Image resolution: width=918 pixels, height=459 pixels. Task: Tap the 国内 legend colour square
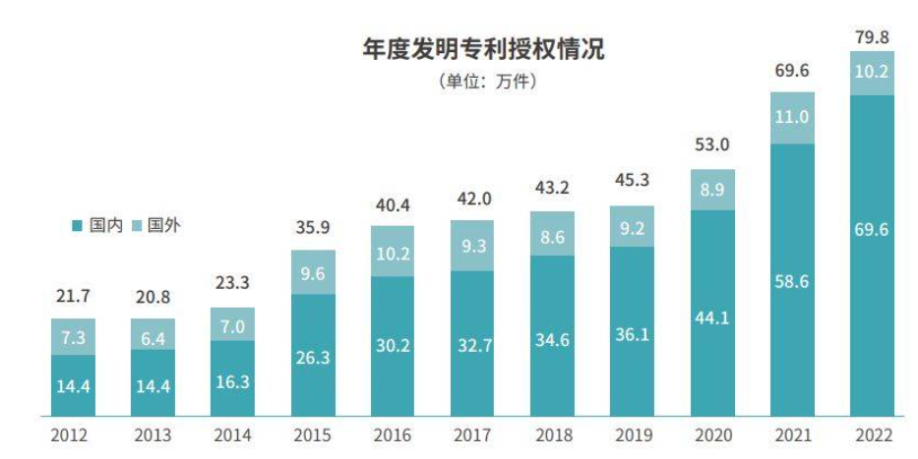coord(77,226)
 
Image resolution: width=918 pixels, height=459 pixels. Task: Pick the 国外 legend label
coord(164,226)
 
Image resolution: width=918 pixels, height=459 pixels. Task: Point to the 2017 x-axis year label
coord(471,433)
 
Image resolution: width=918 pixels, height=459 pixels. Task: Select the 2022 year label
coord(872,433)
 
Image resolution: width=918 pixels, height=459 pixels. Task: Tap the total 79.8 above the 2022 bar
coord(872,36)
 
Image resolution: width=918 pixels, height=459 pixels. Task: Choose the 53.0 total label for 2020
coord(711,146)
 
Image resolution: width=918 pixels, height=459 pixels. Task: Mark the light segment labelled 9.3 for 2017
coord(471,245)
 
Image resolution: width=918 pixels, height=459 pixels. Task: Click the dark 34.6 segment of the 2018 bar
coord(552,337)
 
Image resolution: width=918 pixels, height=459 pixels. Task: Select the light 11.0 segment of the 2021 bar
coord(792,118)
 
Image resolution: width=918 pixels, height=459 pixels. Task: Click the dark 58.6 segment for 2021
coord(792,280)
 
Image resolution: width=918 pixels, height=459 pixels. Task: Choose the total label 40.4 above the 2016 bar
coord(392,205)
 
